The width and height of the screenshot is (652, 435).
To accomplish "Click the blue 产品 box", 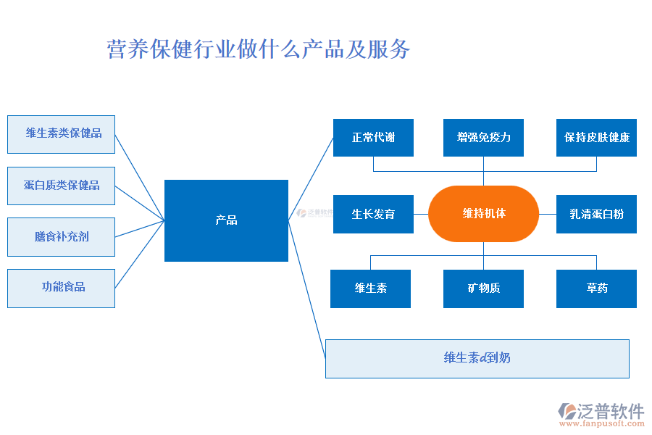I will point(226,220).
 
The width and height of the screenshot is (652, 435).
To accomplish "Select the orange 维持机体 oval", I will point(483,214).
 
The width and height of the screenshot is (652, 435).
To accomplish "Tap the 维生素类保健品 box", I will point(61,133).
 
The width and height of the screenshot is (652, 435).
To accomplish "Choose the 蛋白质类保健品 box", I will point(61,186).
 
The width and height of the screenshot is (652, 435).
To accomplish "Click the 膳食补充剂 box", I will point(61,237).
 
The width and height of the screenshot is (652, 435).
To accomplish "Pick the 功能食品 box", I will point(61,288).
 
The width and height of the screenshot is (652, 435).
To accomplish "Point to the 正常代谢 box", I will point(373,138).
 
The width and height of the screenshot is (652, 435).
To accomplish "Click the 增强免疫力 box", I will point(483,138).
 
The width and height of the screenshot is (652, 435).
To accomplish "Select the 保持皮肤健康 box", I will point(596,138).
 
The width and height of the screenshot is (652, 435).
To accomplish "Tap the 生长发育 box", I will point(373,214).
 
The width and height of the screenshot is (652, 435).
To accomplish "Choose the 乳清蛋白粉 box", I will point(596,214).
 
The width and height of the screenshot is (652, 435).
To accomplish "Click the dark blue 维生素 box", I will point(370,289).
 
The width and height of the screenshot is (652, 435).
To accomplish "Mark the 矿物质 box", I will point(483,289).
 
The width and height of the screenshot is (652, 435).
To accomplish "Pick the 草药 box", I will point(596,289).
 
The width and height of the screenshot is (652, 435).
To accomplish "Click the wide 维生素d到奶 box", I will point(477,358).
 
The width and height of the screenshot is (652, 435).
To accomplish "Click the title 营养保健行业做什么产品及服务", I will point(259,49).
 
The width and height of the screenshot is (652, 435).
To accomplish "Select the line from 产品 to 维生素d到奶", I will point(306,289).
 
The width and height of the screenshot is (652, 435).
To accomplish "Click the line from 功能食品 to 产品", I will point(139,254).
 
